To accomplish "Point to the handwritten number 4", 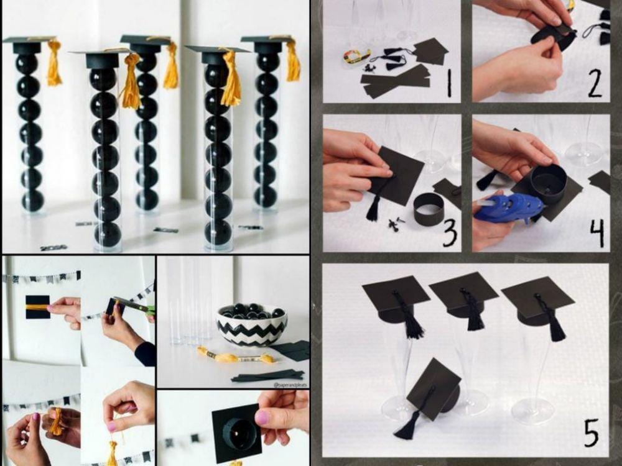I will pos(596,232).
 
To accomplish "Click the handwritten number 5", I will pos(590,432).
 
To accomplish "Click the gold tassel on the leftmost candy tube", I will pos(54,64).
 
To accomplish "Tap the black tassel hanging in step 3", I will pos(373,208).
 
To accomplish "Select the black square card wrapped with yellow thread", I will pos(37,307).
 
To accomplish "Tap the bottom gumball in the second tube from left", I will pos(108,234).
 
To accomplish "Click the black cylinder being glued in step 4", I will pos(547,184).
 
